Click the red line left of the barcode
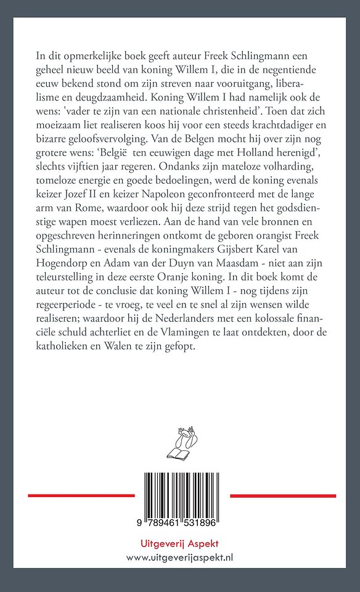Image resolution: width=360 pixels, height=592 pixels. point(81,495)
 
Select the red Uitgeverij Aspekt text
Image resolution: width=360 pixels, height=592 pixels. point(180,543)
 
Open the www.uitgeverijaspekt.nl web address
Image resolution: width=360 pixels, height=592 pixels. point(180,557)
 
